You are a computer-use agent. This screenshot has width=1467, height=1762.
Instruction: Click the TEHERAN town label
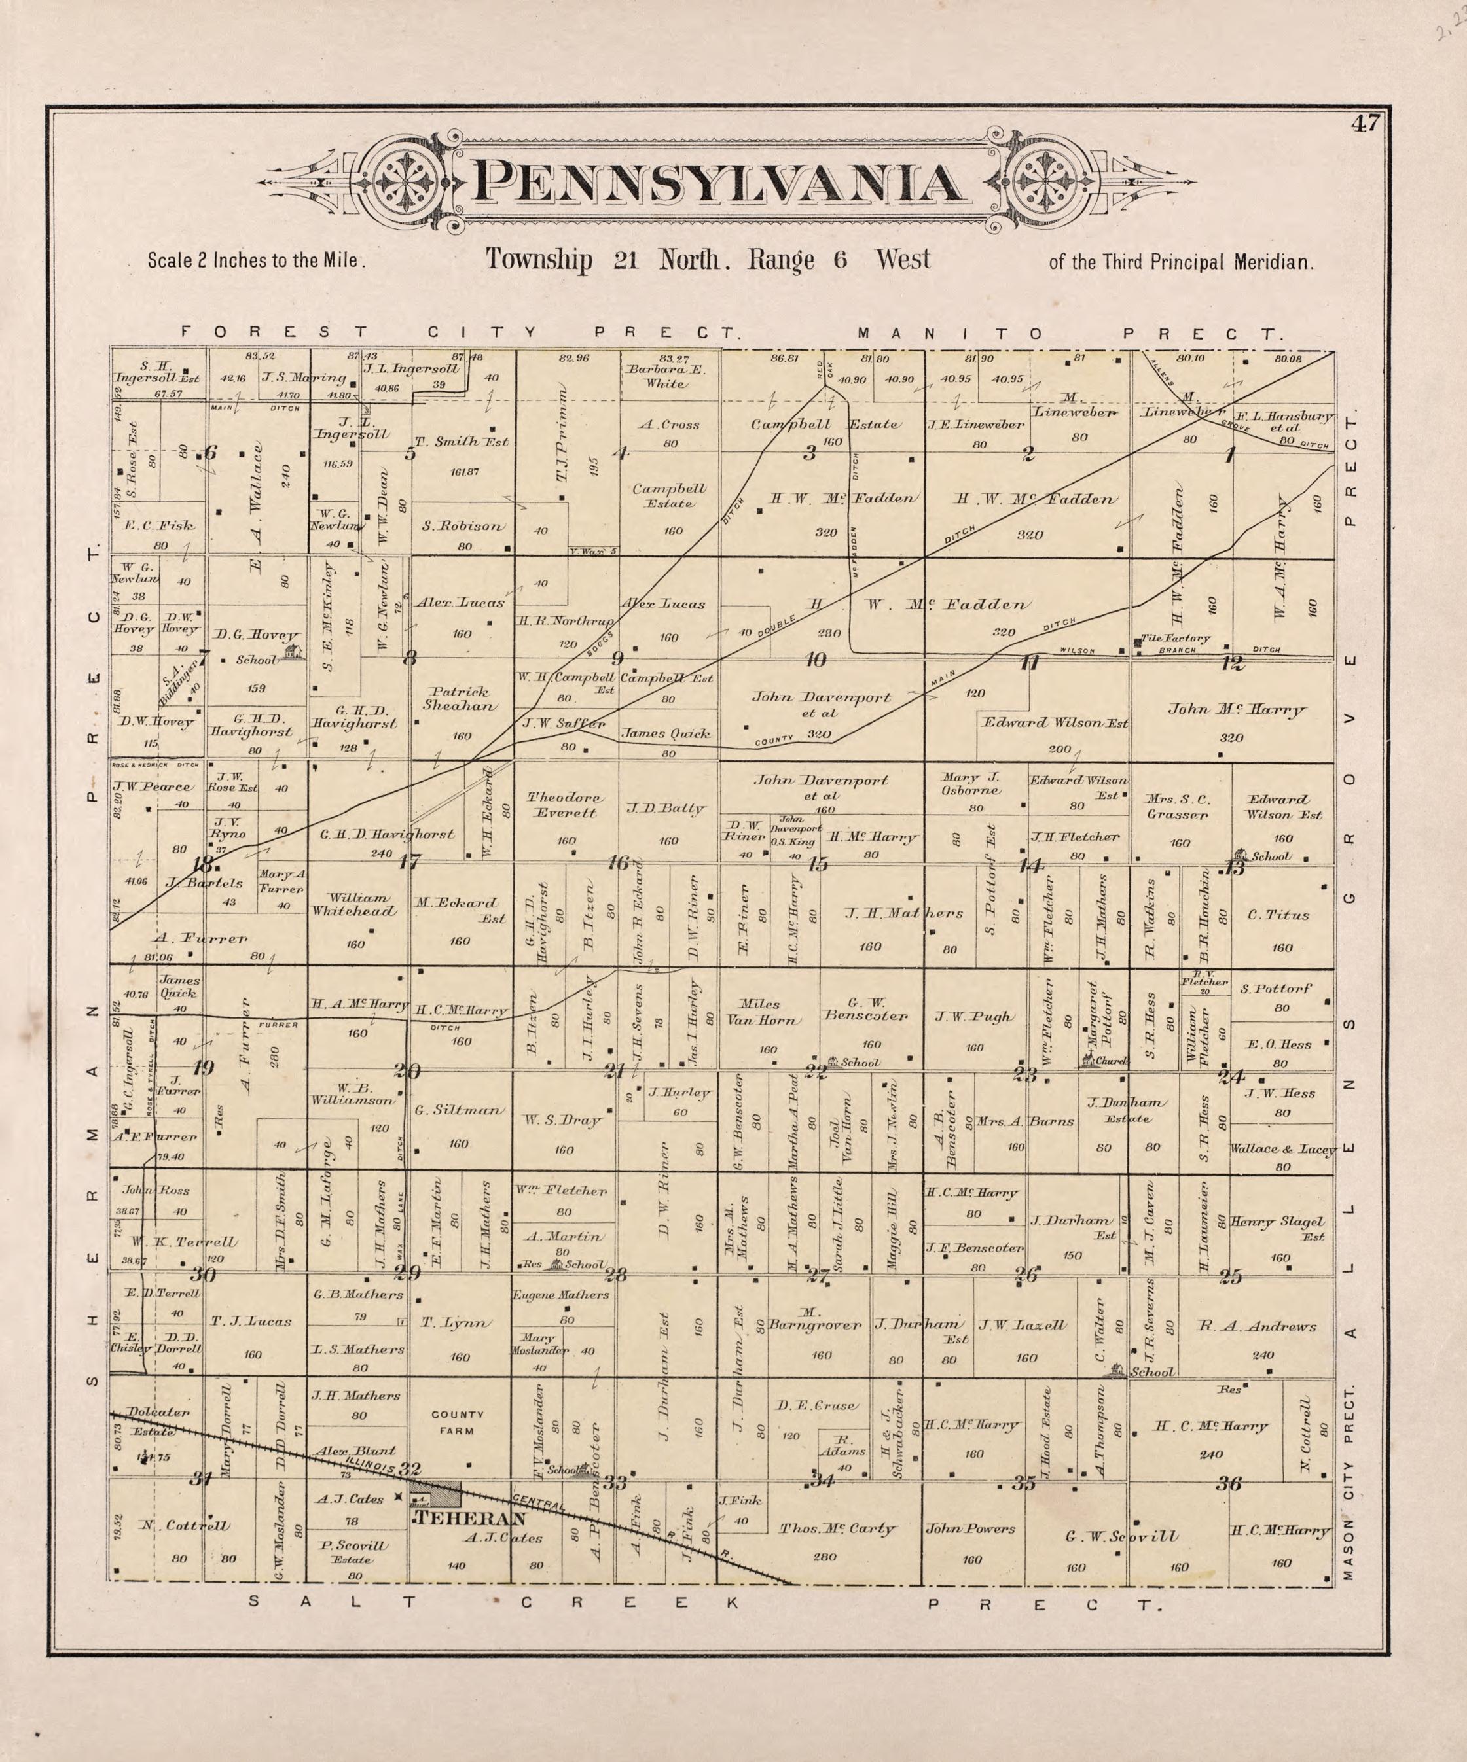[471, 1519]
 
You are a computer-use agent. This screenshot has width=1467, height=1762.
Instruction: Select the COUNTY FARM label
[458, 1422]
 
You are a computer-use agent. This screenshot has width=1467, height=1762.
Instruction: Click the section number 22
[814, 1072]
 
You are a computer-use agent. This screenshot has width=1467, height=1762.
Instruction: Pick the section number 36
[1229, 1483]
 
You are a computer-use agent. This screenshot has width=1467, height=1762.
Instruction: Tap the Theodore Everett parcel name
[564, 805]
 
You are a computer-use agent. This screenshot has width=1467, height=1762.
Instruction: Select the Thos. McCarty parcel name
[837, 1528]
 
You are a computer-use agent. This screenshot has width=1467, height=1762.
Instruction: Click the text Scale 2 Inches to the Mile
[257, 261]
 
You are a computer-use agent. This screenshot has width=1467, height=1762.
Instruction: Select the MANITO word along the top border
[949, 334]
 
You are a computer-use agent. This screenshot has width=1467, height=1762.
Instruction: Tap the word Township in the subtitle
[538, 259]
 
